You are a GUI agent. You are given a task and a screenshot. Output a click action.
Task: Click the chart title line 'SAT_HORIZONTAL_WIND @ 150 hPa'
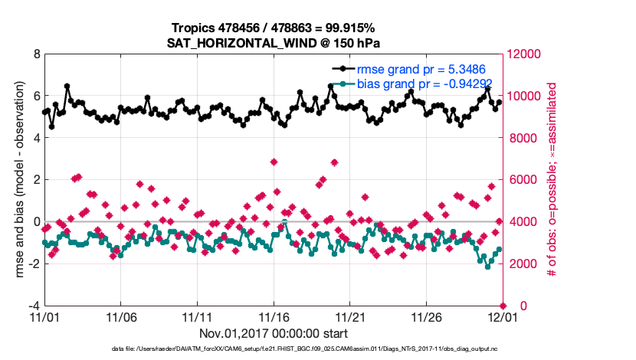[274, 43]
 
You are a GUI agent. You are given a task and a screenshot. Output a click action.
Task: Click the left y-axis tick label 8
[36, 54]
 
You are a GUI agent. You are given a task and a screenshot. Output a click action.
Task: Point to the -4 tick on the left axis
[34, 306]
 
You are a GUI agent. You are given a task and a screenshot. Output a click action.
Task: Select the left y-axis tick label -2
[34, 263]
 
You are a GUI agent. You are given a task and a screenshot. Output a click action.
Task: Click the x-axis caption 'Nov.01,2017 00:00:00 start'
[274, 334]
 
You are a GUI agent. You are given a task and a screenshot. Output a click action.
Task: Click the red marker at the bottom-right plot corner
[503, 306]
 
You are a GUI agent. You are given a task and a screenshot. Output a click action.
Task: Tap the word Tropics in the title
[193, 28]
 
